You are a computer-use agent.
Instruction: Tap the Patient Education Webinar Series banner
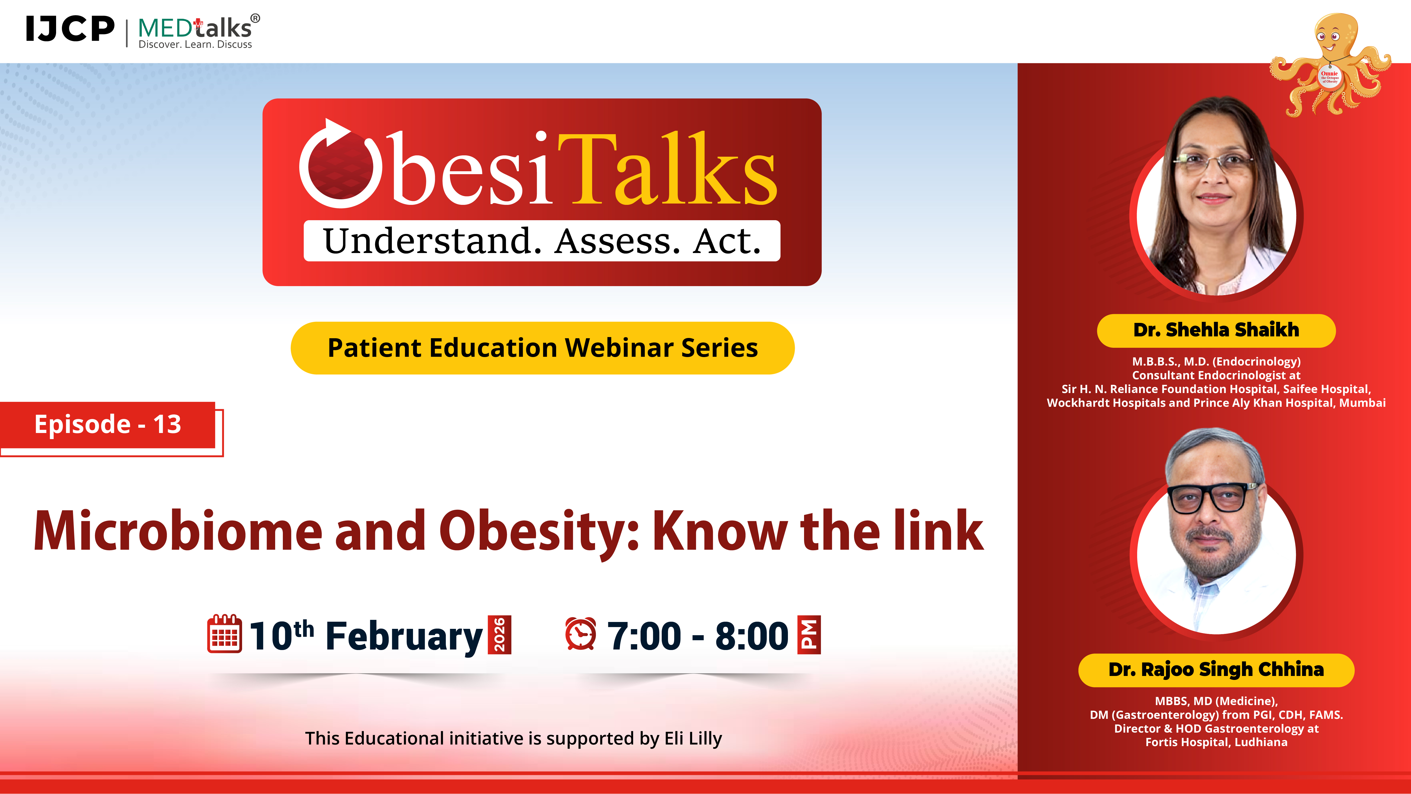(542, 348)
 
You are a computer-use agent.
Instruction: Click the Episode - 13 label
(108, 424)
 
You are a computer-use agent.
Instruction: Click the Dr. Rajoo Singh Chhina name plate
(1216, 670)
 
